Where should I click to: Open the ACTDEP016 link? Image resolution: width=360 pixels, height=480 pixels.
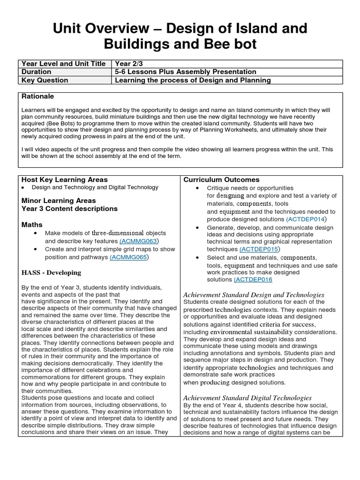point(253,279)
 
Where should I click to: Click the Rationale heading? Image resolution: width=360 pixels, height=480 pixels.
point(38,96)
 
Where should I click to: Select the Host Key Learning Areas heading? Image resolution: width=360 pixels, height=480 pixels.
point(65,180)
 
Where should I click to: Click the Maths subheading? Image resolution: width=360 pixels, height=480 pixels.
point(32,225)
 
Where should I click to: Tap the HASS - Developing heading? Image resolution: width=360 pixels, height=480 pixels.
point(51,272)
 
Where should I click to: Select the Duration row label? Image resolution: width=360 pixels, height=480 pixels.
point(37,72)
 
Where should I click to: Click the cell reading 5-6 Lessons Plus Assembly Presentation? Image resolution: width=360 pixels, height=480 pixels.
point(186,72)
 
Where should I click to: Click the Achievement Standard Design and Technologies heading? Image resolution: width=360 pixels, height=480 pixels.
point(253,294)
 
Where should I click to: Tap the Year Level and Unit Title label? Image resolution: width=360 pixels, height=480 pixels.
point(63,64)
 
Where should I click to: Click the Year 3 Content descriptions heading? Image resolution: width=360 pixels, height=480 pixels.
point(69,209)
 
